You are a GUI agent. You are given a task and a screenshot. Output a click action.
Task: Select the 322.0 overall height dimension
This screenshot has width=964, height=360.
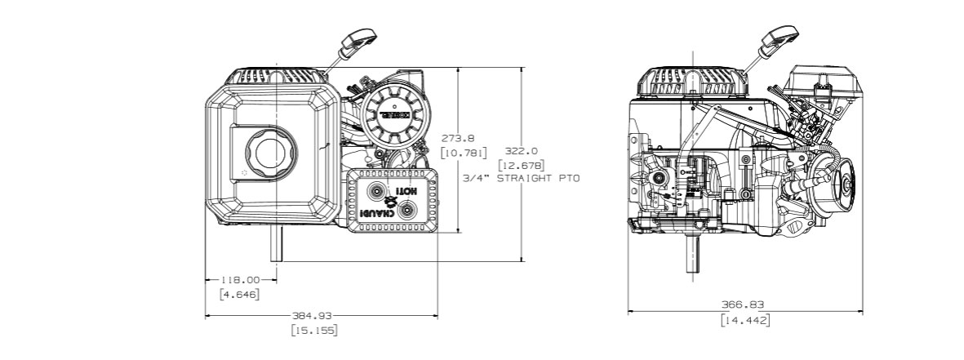pyautogui.click(x=522, y=151)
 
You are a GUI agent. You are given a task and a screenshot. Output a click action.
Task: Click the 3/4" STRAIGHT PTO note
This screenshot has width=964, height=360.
pyautogui.click(x=520, y=178)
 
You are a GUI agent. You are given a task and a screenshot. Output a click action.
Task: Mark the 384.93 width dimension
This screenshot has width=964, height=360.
pyautogui.click(x=313, y=315)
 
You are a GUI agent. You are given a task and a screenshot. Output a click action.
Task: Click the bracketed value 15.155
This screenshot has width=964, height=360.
pyautogui.click(x=314, y=330)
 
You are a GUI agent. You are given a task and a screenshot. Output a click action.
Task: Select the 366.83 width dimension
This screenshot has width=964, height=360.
pyautogui.click(x=744, y=305)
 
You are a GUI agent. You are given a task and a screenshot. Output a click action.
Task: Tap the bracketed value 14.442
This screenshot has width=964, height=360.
pyautogui.click(x=744, y=320)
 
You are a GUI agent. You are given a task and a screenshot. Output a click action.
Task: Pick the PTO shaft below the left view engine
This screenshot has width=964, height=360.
pyautogui.click(x=278, y=243)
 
